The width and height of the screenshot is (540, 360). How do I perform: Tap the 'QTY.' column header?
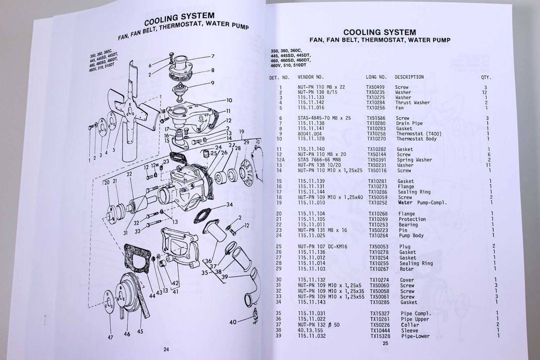(x=486, y=77)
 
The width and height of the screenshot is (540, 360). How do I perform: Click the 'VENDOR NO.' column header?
(x=310, y=77)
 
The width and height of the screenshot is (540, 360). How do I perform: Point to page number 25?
(x=385, y=343)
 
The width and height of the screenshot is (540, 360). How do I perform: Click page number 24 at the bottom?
(x=166, y=350)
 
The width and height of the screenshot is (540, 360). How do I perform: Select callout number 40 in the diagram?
(x=233, y=321)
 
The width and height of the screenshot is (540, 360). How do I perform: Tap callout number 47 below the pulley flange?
(x=110, y=338)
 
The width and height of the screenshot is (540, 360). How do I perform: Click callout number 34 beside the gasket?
(x=230, y=205)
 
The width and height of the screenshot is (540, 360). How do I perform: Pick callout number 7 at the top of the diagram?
(x=213, y=56)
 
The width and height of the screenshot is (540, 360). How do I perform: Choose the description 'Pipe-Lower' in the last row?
(x=415, y=336)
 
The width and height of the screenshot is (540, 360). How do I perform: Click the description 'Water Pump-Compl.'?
(x=422, y=203)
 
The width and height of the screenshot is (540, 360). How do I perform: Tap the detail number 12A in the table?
(x=281, y=160)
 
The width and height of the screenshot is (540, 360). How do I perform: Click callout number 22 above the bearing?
(x=129, y=174)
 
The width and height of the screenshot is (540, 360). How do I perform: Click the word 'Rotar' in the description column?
(x=407, y=269)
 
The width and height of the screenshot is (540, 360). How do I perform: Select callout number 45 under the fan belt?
(x=140, y=331)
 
